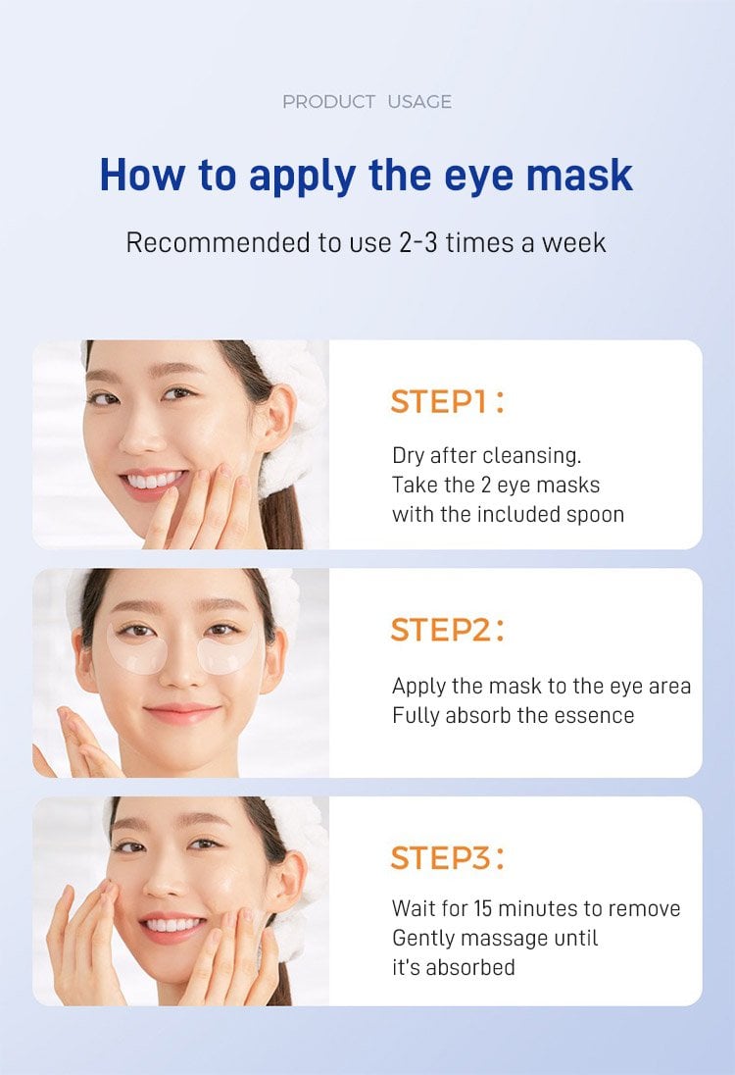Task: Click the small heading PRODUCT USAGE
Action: pos(367,102)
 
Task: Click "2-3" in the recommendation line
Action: pos(417,242)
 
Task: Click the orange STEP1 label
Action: pos(447,402)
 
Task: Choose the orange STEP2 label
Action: pos(447,630)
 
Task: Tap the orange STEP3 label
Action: pos(447,857)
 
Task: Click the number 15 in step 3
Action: pos(483,908)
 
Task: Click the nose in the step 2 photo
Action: pos(179,670)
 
